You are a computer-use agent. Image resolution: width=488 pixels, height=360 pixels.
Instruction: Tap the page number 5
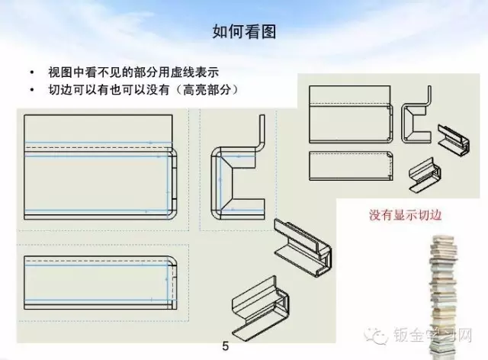pos(225,346)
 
